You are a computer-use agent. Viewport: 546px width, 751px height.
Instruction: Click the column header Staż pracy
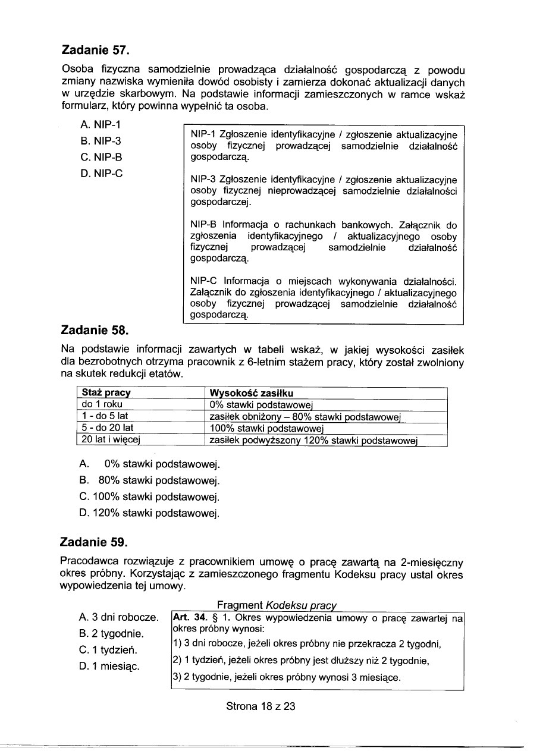106,394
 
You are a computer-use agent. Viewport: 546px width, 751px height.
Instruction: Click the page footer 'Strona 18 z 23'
261,706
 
